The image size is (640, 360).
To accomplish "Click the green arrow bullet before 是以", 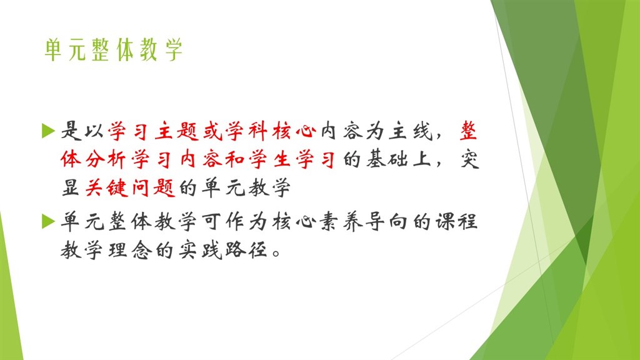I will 49,131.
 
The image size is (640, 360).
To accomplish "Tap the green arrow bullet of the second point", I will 49,221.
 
